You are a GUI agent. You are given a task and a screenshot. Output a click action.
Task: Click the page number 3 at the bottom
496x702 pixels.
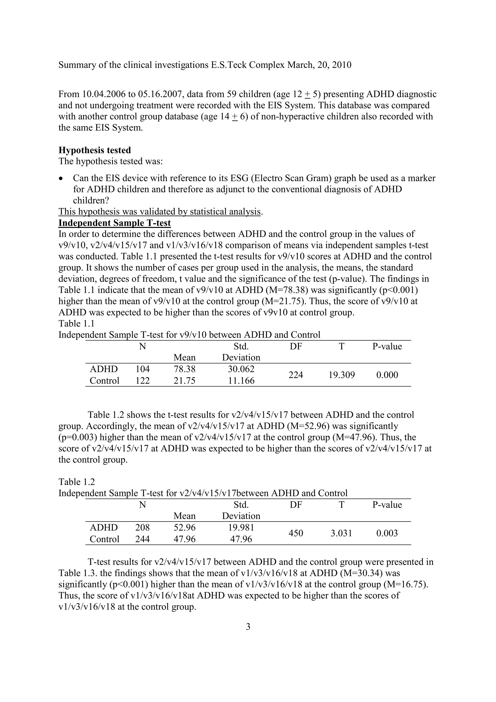coord(248,627)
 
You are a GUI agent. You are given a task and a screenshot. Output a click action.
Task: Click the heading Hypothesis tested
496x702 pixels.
coord(94,150)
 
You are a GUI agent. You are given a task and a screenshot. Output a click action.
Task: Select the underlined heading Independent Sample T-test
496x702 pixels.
coord(115,223)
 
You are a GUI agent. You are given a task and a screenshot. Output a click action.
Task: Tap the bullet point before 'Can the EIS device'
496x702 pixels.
coord(62,179)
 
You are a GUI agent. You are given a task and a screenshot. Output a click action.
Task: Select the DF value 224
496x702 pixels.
coord(295,375)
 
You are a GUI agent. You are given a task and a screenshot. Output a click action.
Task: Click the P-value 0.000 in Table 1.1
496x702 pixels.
coord(387,375)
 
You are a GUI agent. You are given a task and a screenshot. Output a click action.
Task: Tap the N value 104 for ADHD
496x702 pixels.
coord(142,369)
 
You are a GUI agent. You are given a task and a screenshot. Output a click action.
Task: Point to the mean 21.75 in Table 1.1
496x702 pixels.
coord(184,381)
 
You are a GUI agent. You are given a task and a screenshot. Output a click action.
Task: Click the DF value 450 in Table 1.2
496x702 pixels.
coord(295,533)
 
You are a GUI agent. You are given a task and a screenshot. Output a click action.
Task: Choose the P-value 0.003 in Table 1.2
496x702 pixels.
coord(387,533)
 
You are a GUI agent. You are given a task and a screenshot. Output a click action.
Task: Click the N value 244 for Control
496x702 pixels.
coord(142,539)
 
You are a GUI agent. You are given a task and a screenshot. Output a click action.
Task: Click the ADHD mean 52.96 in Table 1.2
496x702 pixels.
coord(184,527)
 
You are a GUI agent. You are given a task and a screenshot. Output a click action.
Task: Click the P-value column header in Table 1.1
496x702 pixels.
coord(387,346)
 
